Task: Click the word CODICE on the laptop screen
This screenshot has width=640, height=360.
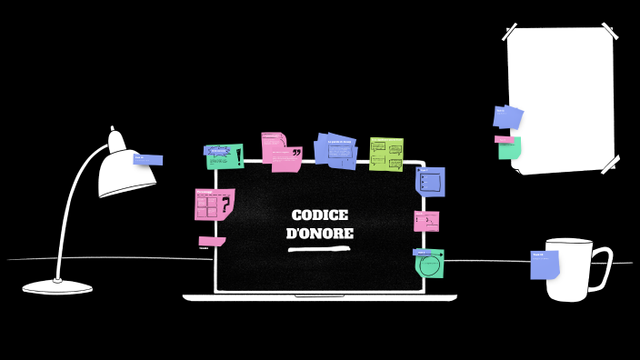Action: click(319, 215)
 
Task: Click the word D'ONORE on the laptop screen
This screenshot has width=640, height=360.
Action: click(319, 234)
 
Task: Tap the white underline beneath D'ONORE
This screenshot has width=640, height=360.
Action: click(319, 247)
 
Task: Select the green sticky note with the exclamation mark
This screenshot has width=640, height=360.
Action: click(225, 156)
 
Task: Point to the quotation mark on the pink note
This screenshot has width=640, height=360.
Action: click(295, 154)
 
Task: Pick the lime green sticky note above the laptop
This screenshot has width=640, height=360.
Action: click(386, 155)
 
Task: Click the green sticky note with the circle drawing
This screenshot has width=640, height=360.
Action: click(430, 265)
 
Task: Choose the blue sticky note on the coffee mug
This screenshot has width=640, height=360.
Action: click(544, 265)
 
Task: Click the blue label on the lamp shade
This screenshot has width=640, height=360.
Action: click(147, 160)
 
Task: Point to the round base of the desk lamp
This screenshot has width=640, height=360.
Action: click(57, 287)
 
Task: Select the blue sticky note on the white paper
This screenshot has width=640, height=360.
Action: click(507, 117)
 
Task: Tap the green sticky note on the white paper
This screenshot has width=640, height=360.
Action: click(509, 149)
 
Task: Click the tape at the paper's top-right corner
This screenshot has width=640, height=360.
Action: click(608, 32)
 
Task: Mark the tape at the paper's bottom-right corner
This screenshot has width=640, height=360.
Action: click(610, 164)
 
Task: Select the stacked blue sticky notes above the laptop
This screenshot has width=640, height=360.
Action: click(336, 150)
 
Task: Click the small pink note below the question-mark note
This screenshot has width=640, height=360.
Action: click(210, 242)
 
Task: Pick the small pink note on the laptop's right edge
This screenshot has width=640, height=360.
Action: click(426, 221)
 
